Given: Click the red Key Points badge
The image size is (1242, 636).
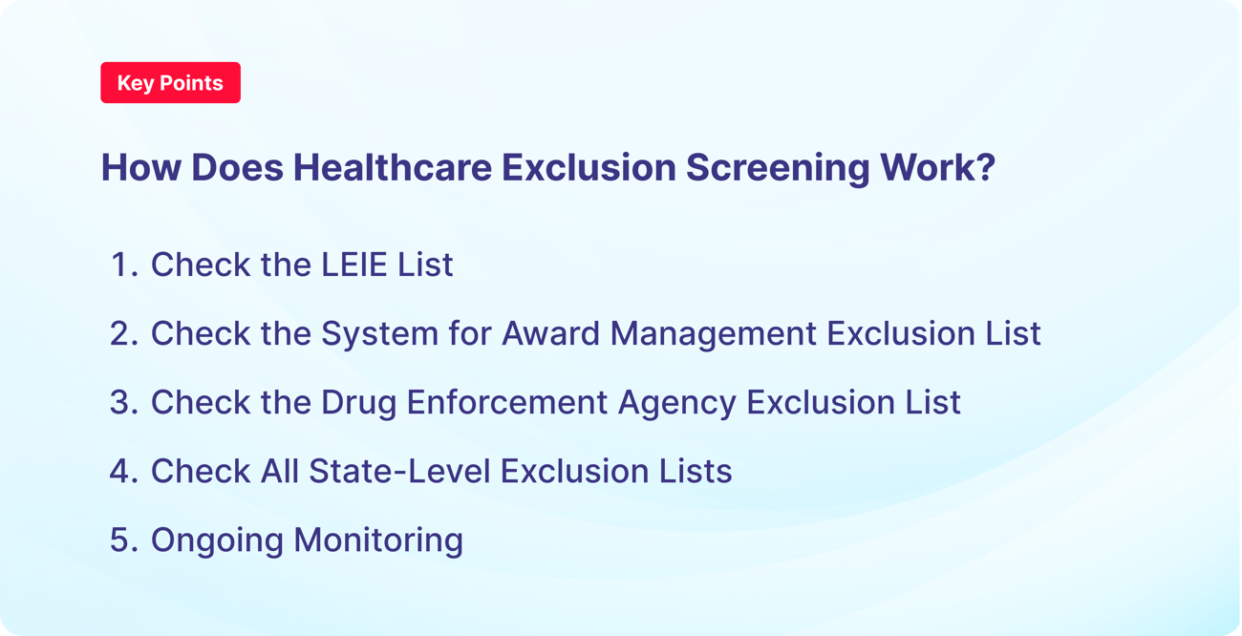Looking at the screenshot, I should click(170, 83).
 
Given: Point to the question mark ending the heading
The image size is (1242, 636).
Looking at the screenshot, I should click(985, 167).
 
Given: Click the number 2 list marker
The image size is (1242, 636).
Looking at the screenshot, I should click(123, 333).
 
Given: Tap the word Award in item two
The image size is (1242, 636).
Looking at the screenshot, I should click(551, 333).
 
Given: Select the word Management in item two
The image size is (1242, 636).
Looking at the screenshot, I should click(714, 333).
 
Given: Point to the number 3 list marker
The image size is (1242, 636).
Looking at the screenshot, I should click(123, 402).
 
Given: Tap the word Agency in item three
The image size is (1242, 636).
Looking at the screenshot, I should click(676, 402).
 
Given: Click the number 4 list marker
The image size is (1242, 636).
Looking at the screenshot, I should click(123, 471).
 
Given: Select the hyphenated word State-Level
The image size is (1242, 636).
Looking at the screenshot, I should click(375, 471).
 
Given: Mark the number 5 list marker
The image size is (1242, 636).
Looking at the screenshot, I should click(123, 540).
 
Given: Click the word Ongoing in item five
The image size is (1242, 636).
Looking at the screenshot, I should click(217, 540).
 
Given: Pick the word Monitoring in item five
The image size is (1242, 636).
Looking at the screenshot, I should click(378, 540).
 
